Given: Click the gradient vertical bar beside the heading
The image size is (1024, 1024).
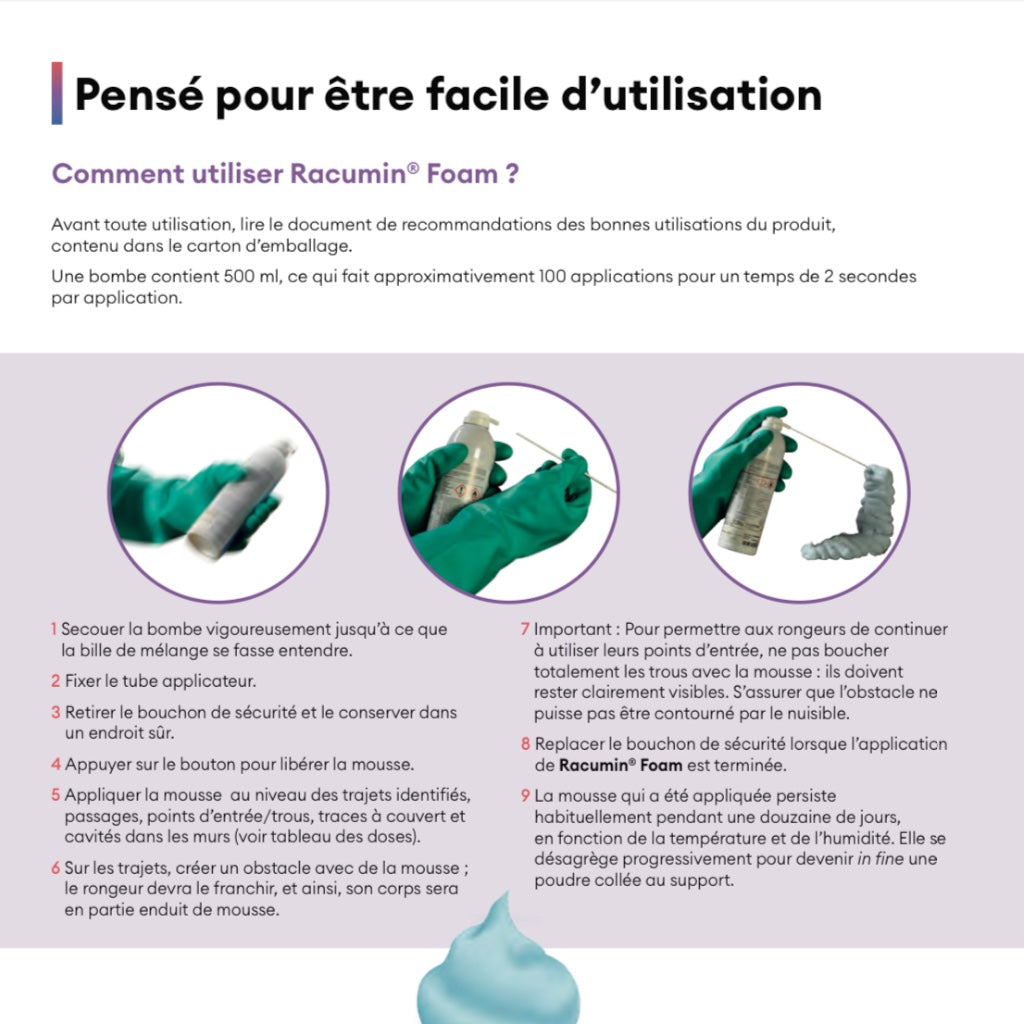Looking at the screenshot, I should (x=57, y=93).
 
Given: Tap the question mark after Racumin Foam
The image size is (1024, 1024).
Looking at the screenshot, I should (x=511, y=174).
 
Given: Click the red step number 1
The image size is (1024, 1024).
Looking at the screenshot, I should (x=54, y=630).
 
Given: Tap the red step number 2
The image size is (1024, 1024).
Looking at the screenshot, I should (x=56, y=682).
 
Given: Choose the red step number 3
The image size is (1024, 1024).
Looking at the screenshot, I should (x=57, y=713).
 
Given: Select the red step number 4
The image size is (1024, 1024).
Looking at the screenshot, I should (x=57, y=765).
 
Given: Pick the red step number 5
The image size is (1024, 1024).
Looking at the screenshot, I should (x=57, y=795).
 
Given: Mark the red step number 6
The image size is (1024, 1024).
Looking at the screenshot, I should (x=56, y=867).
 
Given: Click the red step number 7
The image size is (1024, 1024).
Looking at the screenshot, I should (x=524, y=630).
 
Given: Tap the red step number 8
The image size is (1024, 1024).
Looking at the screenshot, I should (x=525, y=745).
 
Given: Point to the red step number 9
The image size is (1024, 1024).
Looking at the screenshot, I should (x=525, y=796).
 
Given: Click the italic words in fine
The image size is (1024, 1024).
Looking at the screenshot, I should (x=880, y=859).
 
